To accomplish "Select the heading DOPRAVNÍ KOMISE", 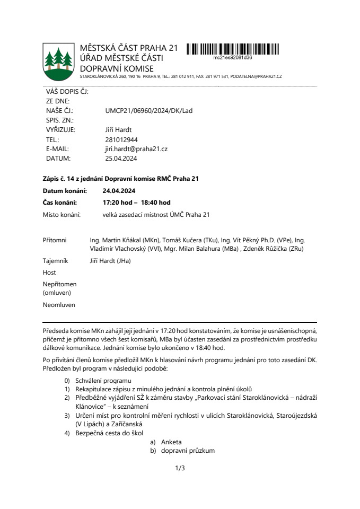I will [x=117, y=68].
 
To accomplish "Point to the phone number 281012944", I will [x=121, y=139].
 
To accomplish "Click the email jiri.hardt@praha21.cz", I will [x=136, y=149].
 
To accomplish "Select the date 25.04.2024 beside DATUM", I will [x=121, y=158].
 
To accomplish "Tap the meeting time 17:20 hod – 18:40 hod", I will [x=136, y=203].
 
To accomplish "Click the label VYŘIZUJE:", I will [x=60, y=130].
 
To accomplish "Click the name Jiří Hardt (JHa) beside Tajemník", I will [x=110, y=261].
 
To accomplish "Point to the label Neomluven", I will [x=59, y=305].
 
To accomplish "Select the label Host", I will [x=49, y=273].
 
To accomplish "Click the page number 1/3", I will [x=180, y=468].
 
